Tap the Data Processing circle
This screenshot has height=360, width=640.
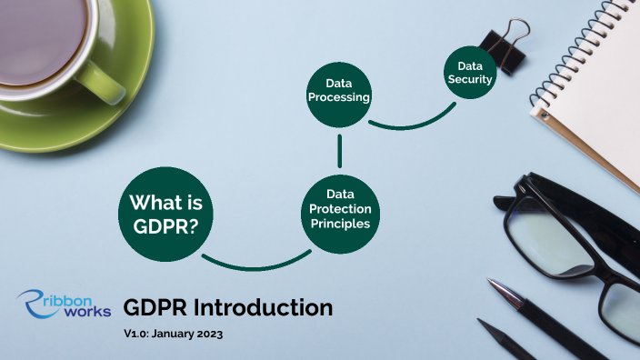click(338, 93)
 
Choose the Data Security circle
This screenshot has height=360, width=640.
click(469, 73)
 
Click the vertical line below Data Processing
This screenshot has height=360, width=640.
click(339, 150)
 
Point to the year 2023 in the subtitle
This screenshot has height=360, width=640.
click(208, 335)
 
